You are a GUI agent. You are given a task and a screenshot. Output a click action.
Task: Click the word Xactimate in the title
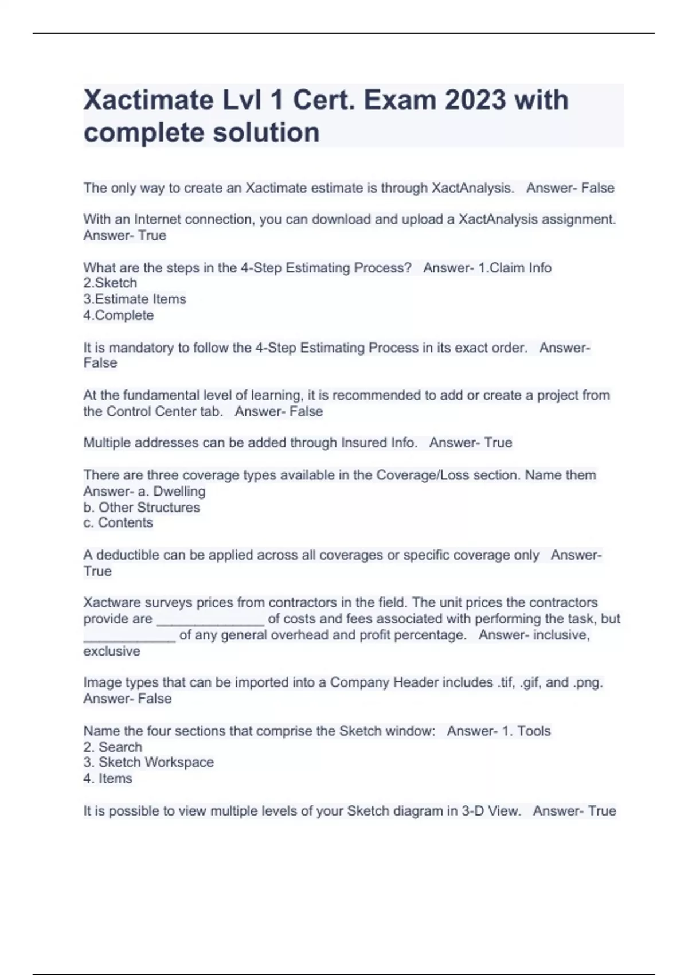pos(148,100)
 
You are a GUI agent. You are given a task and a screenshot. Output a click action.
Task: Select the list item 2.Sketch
pos(110,283)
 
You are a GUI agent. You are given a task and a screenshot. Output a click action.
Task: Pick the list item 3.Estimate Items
pos(135,299)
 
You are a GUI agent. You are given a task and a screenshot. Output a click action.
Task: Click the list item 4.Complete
pos(119,315)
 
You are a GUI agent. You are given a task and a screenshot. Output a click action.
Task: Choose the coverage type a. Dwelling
pos(171,492)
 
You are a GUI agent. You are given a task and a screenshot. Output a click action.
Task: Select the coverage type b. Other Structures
pos(142,508)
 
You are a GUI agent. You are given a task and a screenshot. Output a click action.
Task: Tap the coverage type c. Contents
pos(118,523)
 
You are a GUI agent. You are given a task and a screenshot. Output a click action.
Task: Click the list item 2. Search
pos(112,747)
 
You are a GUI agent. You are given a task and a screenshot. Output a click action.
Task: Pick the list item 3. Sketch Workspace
pos(148,763)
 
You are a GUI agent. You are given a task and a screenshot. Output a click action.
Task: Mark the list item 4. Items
pos(108,779)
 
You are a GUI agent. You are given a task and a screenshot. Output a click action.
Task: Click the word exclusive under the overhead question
pos(112,652)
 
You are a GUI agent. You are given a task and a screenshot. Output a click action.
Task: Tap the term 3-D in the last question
pos(472,811)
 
